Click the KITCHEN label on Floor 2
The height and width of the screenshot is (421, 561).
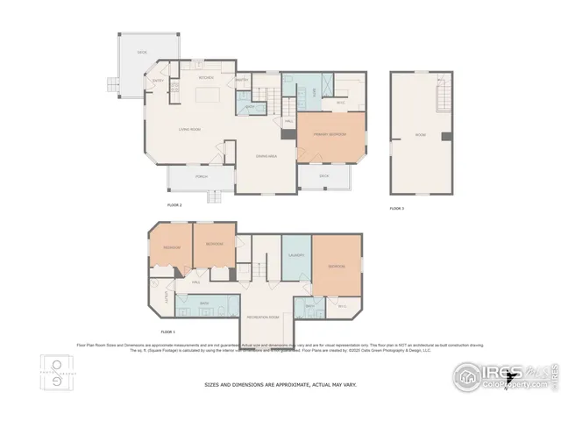[x=206, y=78]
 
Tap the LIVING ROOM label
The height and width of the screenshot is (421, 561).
[x=189, y=130]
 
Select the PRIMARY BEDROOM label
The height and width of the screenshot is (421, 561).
[x=330, y=134]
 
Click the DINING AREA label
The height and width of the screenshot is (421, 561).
[x=266, y=156]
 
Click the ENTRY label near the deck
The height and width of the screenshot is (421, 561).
[x=159, y=81]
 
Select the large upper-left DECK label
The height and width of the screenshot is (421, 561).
[x=141, y=53]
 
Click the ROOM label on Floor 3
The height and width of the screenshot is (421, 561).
[x=420, y=135]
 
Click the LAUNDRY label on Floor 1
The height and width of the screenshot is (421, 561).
[x=295, y=254]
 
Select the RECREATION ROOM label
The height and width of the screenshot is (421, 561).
[x=263, y=316]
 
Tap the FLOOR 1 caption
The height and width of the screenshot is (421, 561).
[x=168, y=332]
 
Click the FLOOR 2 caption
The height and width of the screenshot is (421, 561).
[x=174, y=205]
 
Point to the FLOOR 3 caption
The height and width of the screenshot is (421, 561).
[x=397, y=208]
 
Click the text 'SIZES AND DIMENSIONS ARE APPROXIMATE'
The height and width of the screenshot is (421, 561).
[x=280, y=384]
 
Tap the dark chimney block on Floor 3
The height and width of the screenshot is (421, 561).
[x=446, y=136]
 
